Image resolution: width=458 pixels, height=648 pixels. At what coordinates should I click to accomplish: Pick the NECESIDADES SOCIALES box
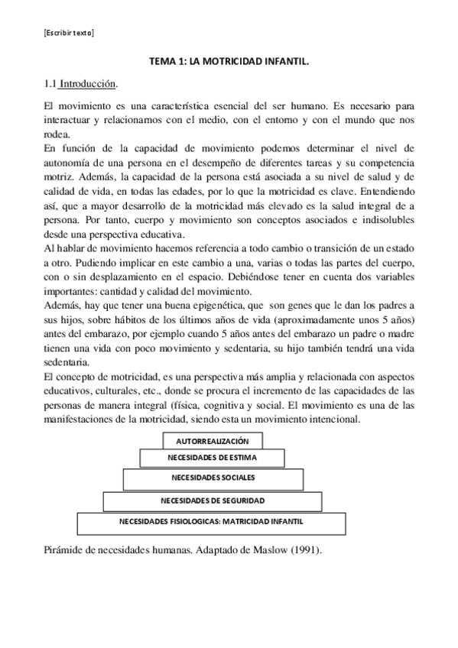[x=213, y=478]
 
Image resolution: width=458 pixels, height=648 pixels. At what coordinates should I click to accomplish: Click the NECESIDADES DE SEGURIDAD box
[x=213, y=501]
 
